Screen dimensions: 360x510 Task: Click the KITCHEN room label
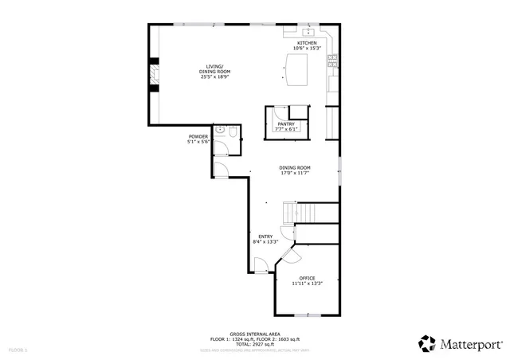click(307, 43)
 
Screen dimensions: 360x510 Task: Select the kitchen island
click(296, 68)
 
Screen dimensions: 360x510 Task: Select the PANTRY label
click(286, 124)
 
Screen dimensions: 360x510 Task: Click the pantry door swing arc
click(277, 114)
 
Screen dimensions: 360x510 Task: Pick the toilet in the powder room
click(230, 139)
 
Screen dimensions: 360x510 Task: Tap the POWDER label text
click(198, 136)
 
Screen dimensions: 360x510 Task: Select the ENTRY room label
click(265, 237)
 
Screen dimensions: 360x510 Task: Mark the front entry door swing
click(259, 265)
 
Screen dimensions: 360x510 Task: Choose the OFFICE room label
click(307, 278)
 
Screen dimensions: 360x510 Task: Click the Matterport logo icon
click(429, 343)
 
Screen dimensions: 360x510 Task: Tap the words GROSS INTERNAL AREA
click(254, 334)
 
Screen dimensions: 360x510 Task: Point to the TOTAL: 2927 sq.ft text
click(254, 343)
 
